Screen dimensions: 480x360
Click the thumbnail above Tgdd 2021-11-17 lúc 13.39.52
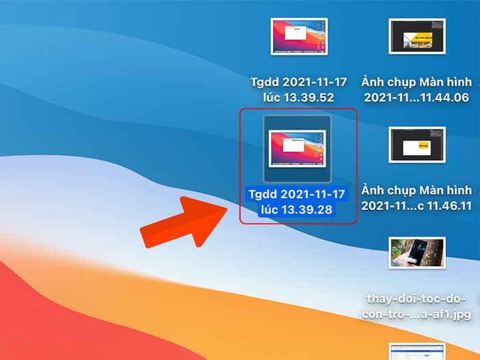299,36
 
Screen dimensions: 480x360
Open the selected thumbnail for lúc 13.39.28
297,149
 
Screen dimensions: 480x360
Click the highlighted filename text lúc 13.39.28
296,209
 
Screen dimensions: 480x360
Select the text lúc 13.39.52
298,97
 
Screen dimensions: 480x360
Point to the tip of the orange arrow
227,208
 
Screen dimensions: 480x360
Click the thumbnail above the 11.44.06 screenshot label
417,36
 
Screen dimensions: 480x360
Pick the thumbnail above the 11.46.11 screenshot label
417,145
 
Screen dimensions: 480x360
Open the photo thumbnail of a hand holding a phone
417,253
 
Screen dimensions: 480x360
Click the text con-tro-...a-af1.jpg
416,314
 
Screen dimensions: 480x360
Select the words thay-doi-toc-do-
416,299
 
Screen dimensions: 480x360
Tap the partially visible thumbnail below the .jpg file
417,351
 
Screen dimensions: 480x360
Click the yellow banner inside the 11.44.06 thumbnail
422,38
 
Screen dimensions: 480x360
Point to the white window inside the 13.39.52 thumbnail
296,33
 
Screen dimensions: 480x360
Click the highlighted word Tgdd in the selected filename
263,194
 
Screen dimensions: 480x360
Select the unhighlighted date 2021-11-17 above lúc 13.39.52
315,82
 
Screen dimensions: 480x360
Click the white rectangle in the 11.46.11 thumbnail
417,148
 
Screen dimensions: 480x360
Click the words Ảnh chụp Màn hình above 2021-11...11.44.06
416,82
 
